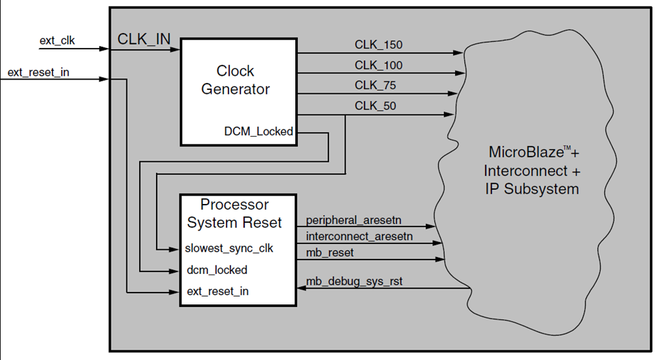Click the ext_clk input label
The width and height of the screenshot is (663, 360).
coord(57,41)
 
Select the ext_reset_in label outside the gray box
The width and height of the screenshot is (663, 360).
coord(38,72)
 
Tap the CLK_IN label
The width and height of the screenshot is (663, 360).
coord(144,39)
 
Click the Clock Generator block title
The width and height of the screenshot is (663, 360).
coord(235,80)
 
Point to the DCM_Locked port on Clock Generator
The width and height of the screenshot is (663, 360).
coord(258,131)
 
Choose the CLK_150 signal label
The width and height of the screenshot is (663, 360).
coord(378,45)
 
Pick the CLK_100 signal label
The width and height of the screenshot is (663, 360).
coord(378,65)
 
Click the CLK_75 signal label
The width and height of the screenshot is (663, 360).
coord(375,85)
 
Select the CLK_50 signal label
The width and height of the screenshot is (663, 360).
coord(375,106)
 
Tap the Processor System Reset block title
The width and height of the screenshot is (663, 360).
coord(234,214)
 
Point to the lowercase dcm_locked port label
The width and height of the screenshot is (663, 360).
coord(217,270)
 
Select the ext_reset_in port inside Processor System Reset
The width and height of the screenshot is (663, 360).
coord(218,291)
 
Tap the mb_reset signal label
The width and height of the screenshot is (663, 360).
coord(330,253)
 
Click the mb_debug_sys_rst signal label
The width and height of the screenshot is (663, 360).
coord(350,282)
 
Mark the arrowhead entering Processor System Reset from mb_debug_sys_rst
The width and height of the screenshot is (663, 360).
coord(301,290)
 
